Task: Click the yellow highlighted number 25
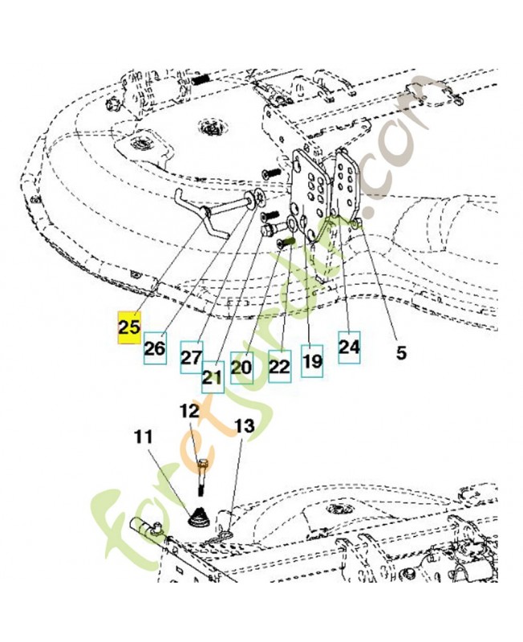[x=129, y=327]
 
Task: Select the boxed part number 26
[x=155, y=348]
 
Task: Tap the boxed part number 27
[x=192, y=357]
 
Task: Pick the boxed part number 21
[x=213, y=377]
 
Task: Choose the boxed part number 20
[x=241, y=368]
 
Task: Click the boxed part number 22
[x=279, y=367]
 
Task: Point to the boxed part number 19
[x=312, y=361]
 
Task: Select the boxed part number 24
[x=349, y=347]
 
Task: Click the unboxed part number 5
[x=401, y=352]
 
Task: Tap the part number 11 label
[x=144, y=437]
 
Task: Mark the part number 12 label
[x=189, y=411]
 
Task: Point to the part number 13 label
[x=245, y=426]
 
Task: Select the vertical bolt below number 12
[x=202, y=477]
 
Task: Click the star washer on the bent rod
[x=258, y=198]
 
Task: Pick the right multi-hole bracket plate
[x=347, y=184]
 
